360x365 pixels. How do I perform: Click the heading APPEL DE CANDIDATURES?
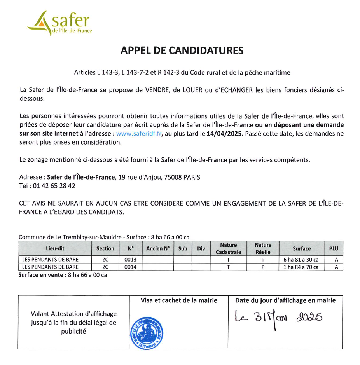(182, 50)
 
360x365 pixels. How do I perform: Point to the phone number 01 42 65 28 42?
(54, 186)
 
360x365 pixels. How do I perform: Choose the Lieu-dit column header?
(55, 248)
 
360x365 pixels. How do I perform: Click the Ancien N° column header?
(158, 248)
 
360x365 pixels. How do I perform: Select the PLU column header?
(334, 248)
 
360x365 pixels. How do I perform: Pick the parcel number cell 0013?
(130, 260)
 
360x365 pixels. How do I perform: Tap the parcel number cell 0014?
(130, 267)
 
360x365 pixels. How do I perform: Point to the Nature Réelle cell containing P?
(263, 267)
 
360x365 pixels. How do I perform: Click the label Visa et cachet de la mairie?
(179, 300)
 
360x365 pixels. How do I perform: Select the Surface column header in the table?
(302, 248)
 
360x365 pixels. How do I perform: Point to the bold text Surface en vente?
(42, 275)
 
